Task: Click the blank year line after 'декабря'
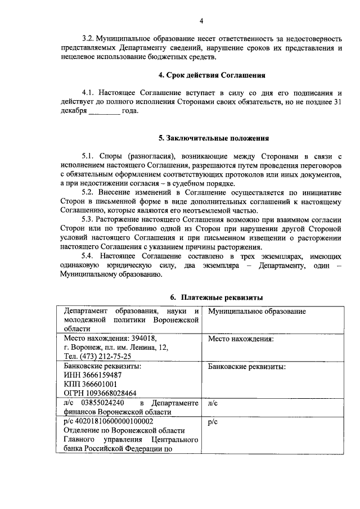point(104,111)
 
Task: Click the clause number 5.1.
point(88,155)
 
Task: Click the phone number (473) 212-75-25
point(106,357)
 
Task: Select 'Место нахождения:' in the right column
point(241,339)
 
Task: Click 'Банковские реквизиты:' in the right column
point(247,366)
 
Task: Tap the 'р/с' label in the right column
point(213,421)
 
